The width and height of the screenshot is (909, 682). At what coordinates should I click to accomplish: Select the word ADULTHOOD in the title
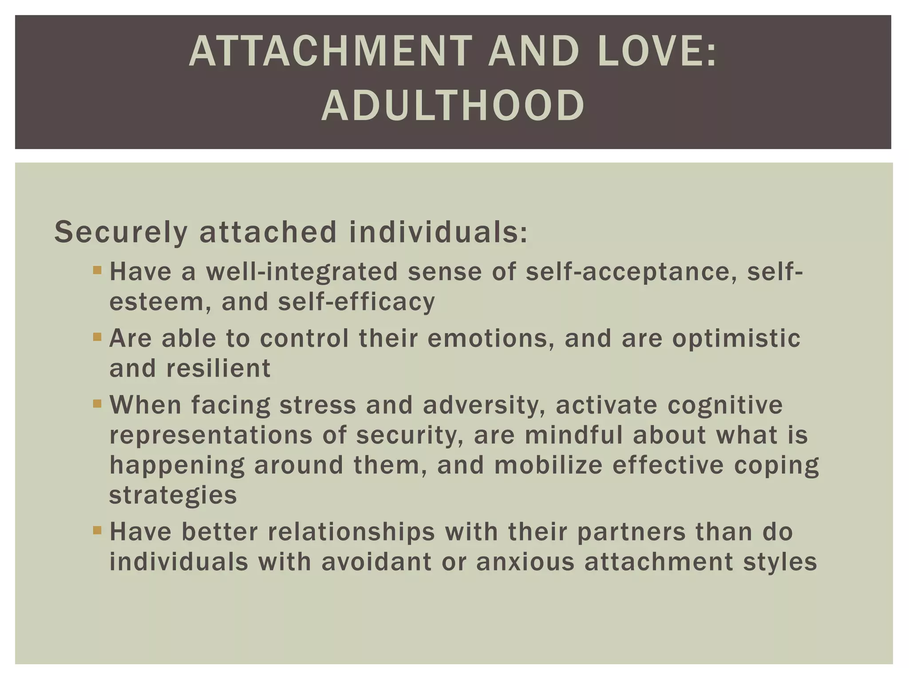pyautogui.click(x=453, y=106)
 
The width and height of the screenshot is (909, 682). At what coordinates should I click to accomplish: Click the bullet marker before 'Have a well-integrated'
pyautogui.click(x=97, y=270)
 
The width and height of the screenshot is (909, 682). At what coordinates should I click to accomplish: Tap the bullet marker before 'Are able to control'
pyautogui.click(x=97, y=337)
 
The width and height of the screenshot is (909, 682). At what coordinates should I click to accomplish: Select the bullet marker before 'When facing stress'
pyautogui.click(x=97, y=404)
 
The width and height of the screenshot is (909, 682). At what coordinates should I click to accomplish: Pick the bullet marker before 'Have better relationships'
pyautogui.click(x=97, y=530)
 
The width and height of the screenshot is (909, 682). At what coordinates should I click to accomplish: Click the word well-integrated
pyautogui.click(x=302, y=272)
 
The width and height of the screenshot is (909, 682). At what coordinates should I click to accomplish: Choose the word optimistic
pyautogui.click(x=736, y=338)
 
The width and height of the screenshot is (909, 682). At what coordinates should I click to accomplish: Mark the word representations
pyautogui.click(x=211, y=435)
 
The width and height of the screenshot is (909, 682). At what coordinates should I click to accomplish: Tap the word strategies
pyautogui.click(x=173, y=496)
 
